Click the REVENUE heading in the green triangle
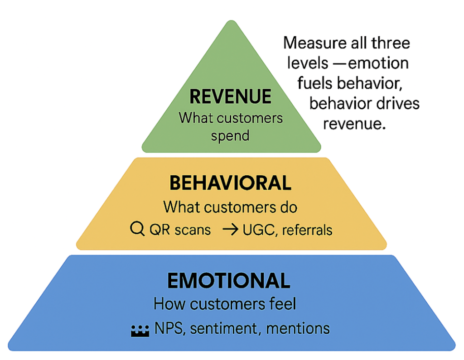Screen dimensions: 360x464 pos(230,96)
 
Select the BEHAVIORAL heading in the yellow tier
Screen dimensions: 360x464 pos(230,183)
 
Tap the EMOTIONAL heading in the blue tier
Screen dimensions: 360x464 pos(228,281)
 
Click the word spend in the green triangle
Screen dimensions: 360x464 pos(230,135)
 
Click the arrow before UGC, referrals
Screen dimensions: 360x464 pos(231,230)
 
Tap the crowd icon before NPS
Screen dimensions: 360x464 pos(140,330)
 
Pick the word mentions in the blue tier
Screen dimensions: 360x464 pos(298,328)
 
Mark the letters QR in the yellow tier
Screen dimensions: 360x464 pos(158,230)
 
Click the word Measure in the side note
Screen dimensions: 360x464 pos(312,43)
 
